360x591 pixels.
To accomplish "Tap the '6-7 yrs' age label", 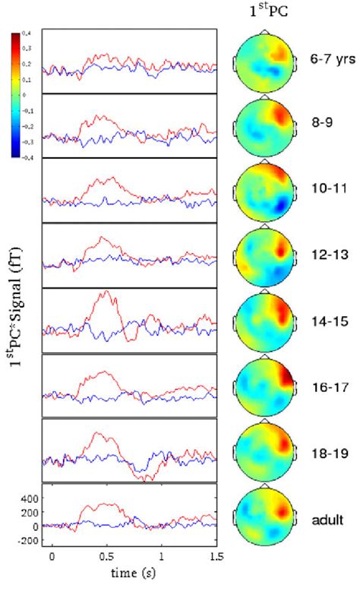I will [x=328, y=58].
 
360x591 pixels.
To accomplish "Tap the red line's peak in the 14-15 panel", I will [x=106, y=292].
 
